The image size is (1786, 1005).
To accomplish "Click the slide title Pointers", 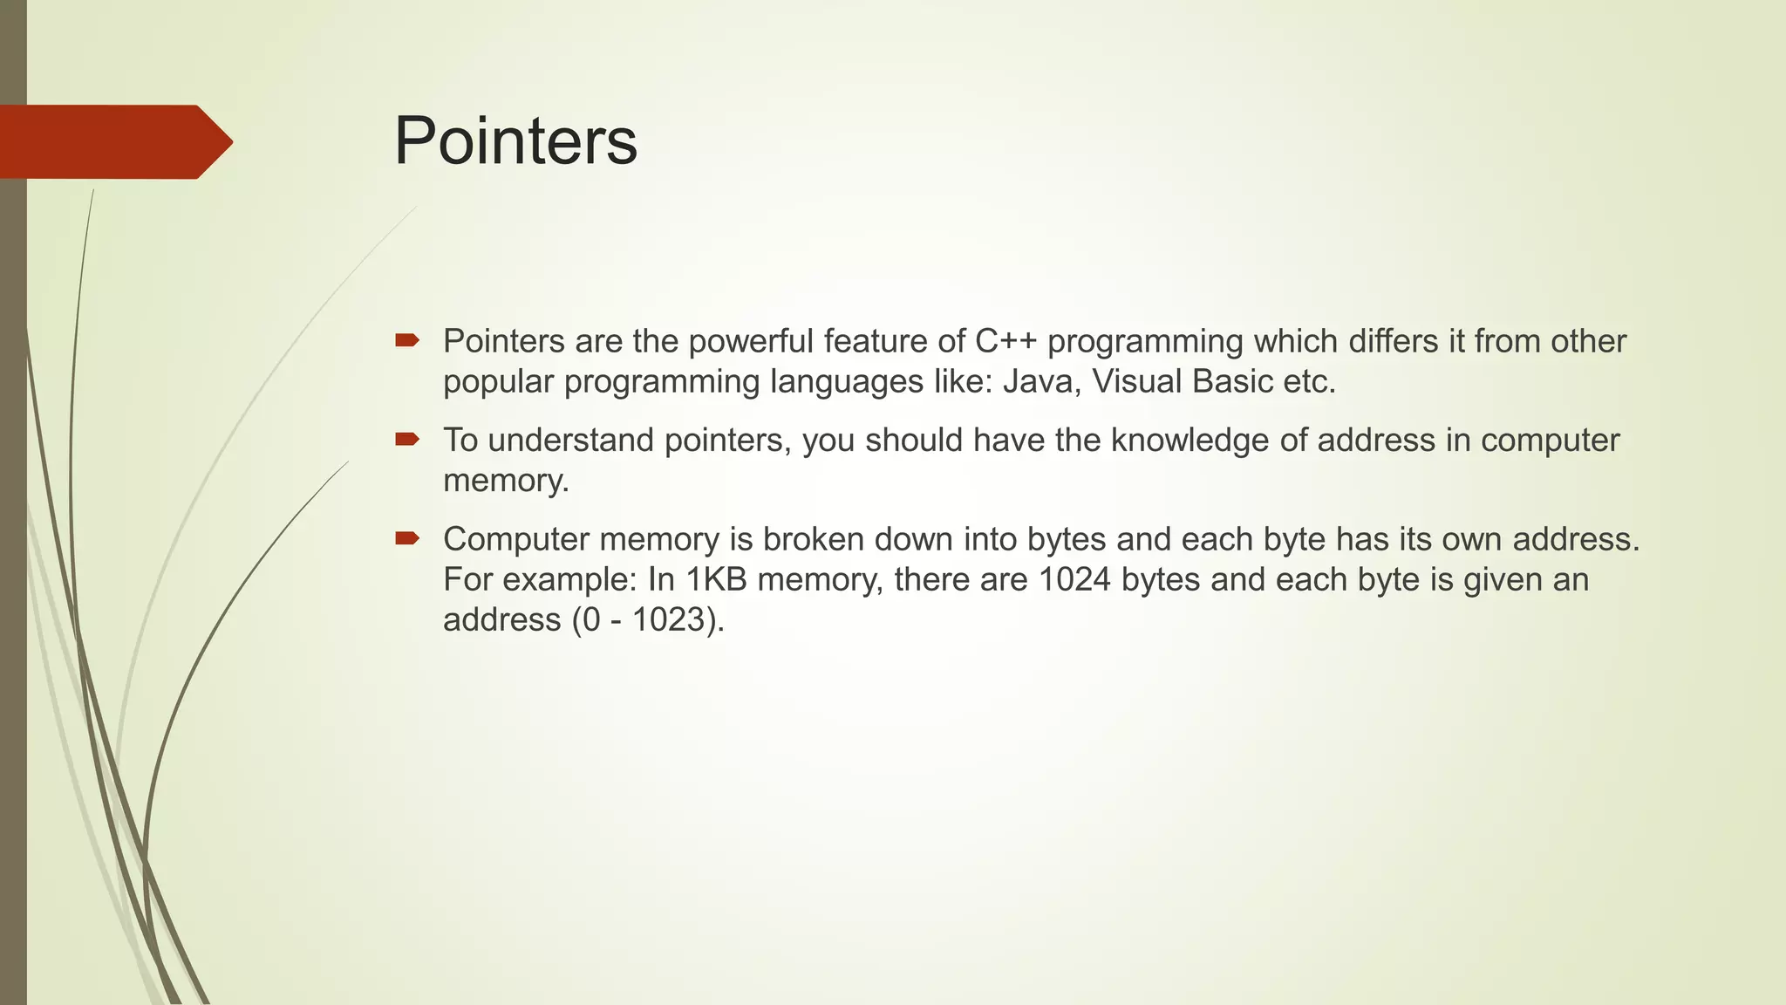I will tap(515, 141).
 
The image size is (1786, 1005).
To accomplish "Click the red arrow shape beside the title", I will tap(113, 142).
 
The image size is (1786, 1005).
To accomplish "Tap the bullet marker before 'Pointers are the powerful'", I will tap(407, 340).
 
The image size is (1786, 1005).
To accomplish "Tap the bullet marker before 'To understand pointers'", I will tap(407, 439).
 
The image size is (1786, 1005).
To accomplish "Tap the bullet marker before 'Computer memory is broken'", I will tap(407, 538).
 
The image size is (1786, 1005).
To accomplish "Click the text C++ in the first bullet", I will tap(1005, 341).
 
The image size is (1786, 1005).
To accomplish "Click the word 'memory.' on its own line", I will tap(506, 481).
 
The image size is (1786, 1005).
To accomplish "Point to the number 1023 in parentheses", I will tap(667, 620).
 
